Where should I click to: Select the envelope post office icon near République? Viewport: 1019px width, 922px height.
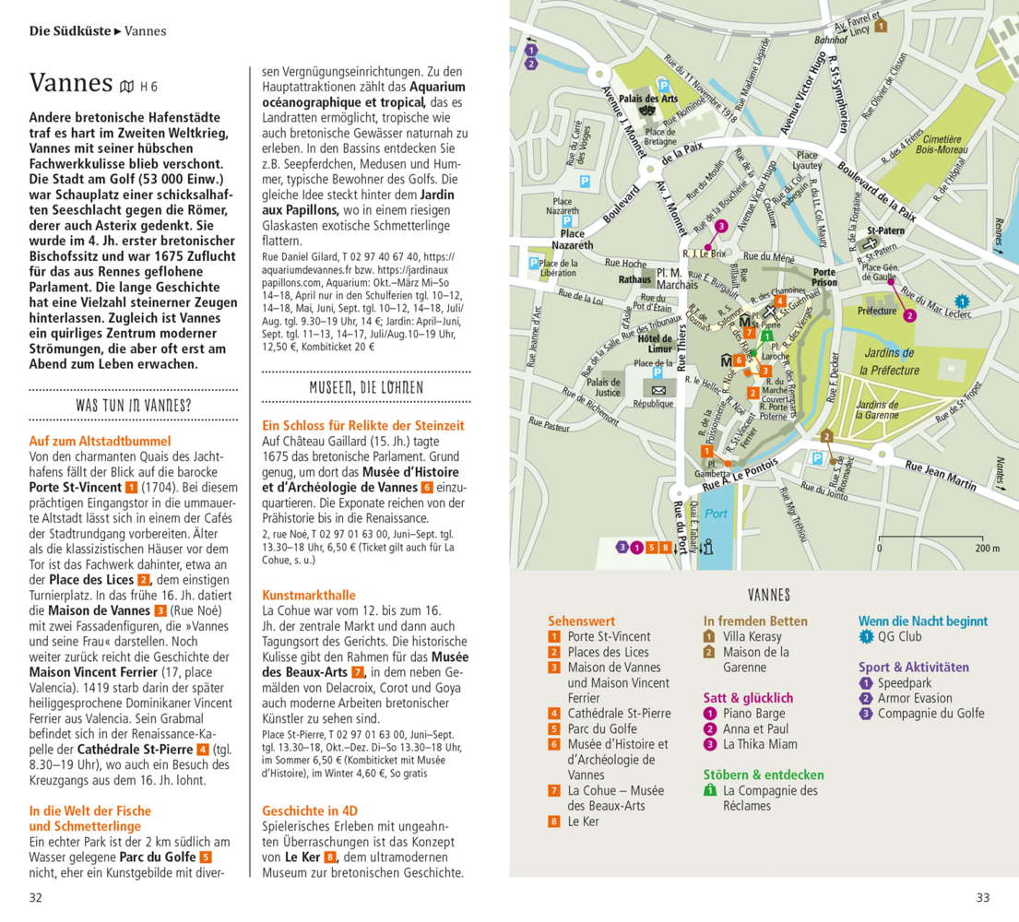tap(658, 390)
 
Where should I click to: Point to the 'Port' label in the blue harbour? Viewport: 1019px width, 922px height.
tap(715, 514)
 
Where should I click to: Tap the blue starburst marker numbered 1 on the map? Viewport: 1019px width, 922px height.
tap(962, 301)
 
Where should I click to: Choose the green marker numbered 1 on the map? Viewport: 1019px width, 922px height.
tap(752, 353)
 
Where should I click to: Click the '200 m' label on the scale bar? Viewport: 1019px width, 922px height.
tap(986, 549)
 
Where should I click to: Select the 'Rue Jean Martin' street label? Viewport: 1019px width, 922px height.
tap(939, 478)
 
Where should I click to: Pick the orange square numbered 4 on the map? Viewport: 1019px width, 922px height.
tap(780, 301)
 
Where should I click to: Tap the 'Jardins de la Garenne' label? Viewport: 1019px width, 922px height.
tap(878, 410)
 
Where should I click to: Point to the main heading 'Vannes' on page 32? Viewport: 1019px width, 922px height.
tap(71, 83)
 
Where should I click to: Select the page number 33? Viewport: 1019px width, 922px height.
tap(982, 897)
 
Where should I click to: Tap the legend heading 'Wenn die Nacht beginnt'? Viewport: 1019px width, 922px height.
tap(923, 621)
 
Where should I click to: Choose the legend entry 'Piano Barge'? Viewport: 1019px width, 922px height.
tap(754, 714)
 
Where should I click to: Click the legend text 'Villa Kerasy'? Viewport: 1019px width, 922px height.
tap(752, 636)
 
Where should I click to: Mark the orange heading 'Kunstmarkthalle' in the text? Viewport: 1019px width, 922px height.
tap(309, 595)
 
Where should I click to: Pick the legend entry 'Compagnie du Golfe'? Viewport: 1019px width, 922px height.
tap(930, 714)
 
